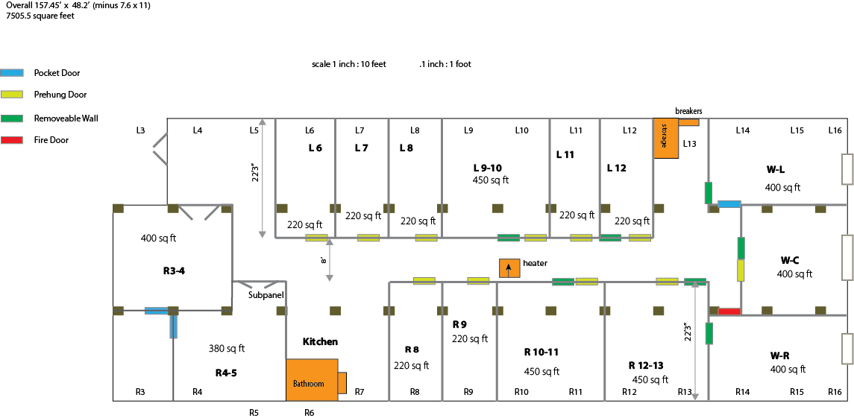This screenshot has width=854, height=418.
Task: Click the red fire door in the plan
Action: coord(729,311)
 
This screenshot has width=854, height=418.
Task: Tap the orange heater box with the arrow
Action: coord(509,268)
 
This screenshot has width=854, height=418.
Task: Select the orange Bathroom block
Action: coord(312,380)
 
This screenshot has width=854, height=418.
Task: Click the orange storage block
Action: coord(666,139)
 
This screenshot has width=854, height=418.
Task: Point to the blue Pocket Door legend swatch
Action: coord(12,72)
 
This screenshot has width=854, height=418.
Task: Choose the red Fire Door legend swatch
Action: coord(12,140)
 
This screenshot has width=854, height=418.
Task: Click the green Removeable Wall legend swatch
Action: coord(12,118)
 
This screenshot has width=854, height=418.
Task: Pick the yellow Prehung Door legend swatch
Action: coord(12,95)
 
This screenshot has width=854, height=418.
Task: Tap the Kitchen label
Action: coord(320,342)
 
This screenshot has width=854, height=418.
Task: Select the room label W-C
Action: coord(789,259)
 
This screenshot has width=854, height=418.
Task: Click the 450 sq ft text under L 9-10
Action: coord(491,180)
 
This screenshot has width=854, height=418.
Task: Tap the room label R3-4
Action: coord(175,270)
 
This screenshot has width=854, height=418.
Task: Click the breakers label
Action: coord(688,111)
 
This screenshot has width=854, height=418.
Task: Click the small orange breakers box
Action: coord(689,122)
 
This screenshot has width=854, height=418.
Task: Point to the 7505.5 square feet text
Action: coord(40,16)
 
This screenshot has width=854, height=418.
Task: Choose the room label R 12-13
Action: coord(650,364)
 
